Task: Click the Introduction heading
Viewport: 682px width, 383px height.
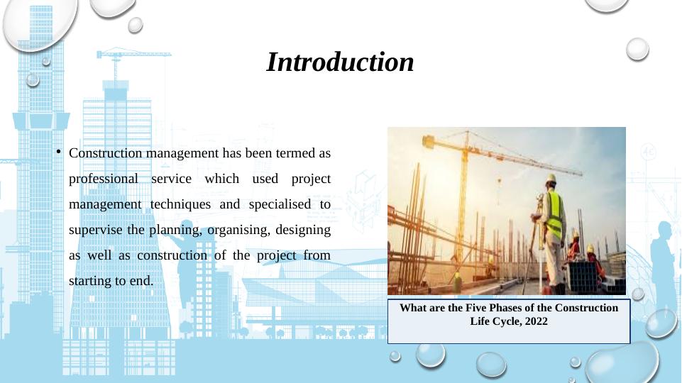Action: pyautogui.click(x=340, y=62)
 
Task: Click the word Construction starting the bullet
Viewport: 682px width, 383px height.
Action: pyautogui.click(x=106, y=153)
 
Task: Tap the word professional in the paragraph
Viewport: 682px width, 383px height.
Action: pyautogui.click(x=104, y=179)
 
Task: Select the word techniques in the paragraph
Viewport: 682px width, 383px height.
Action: pyautogui.click(x=180, y=204)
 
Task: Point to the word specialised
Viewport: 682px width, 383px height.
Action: pyautogui.click(x=280, y=204)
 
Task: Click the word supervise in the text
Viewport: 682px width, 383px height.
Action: pyautogui.click(x=96, y=230)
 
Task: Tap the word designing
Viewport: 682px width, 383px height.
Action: pyautogui.click(x=303, y=230)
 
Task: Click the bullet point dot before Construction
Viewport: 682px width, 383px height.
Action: pyautogui.click(x=58, y=152)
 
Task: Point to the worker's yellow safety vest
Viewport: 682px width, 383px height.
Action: pyautogui.click(x=554, y=214)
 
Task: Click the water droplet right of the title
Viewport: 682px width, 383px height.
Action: pyautogui.click(x=637, y=49)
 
